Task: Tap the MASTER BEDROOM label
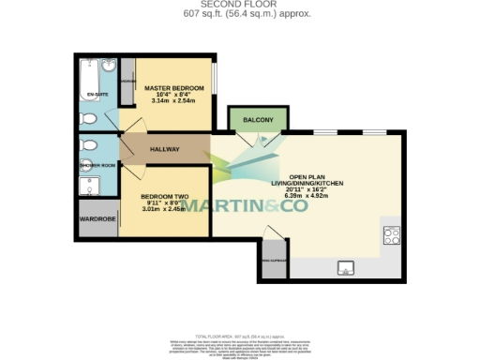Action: point(173,88)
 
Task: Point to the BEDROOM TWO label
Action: point(164,196)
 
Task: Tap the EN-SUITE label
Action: point(97,96)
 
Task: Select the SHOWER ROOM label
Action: point(97,165)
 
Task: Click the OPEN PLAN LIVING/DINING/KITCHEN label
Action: point(312,182)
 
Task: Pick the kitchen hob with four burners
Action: point(391,235)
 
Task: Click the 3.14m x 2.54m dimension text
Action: point(173,102)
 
